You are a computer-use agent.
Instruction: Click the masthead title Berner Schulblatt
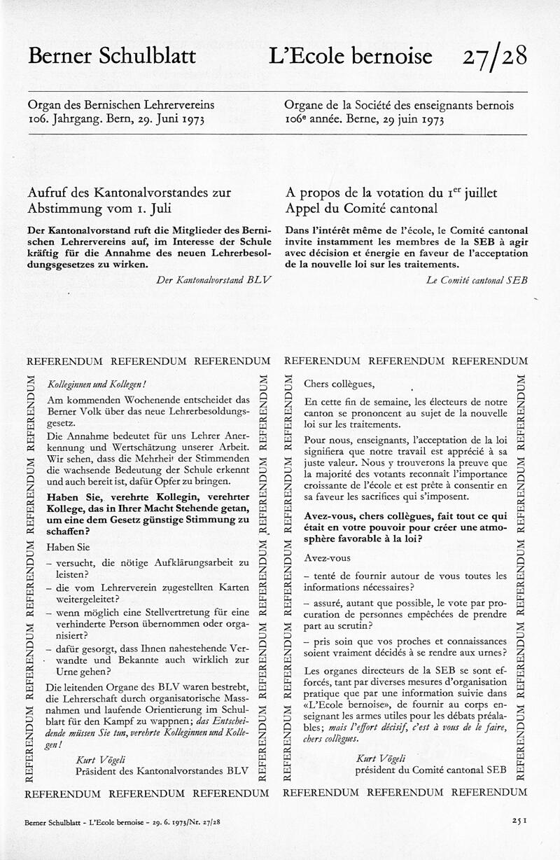click(112, 56)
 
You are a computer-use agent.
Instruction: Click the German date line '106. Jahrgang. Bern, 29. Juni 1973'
click(115, 120)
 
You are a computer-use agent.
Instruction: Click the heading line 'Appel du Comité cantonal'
click(362, 208)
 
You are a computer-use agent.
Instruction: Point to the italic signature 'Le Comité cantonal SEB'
click(476, 279)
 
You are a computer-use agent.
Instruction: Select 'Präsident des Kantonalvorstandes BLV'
click(162, 770)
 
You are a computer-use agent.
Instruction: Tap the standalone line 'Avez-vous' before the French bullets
click(328, 557)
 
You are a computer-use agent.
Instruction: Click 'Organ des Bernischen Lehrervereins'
click(121, 105)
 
